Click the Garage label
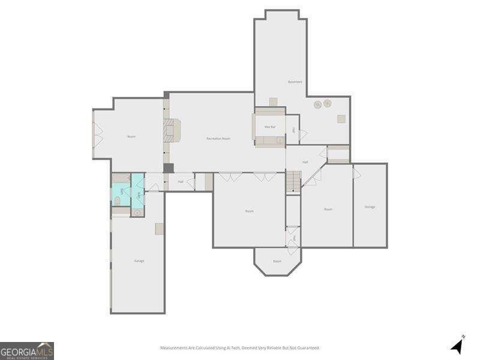(139, 261)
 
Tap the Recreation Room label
(218, 139)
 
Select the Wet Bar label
(270, 127)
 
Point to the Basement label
(295, 82)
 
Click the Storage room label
(370, 207)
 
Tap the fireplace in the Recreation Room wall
(172, 130)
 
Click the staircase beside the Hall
(293, 181)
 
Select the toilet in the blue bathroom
(118, 200)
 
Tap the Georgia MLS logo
(27, 350)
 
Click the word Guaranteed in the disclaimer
(307, 348)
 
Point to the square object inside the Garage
(159, 229)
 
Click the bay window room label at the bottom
(277, 261)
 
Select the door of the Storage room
(356, 173)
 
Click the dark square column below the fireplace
(169, 168)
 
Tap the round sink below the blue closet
(137, 212)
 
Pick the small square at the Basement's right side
(341, 119)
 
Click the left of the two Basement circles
(317, 105)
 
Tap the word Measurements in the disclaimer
(173, 348)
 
